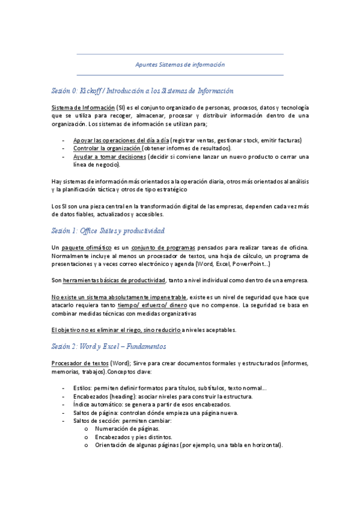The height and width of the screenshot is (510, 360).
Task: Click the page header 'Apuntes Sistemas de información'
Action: click(180, 64)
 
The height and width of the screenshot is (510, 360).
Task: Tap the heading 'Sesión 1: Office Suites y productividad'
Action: click(108, 230)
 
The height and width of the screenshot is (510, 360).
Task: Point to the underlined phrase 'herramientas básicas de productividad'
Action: click(114, 280)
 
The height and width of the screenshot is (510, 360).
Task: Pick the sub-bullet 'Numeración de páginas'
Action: click(124, 429)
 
